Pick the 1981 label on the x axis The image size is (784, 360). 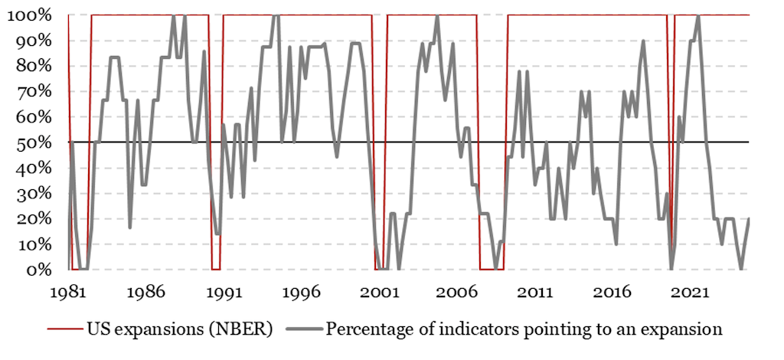click(68, 293)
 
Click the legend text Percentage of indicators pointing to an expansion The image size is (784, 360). click(524, 330)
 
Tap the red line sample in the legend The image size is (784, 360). click(67, 330)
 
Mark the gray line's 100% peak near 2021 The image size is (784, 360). click(697, 16)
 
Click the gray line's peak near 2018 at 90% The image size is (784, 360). click(643, 41)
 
